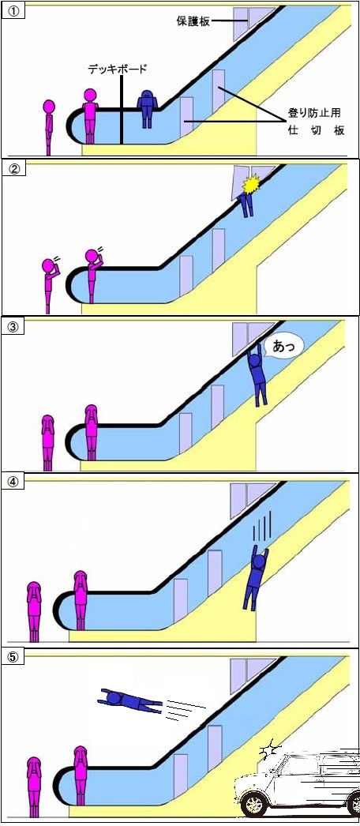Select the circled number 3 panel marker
13,326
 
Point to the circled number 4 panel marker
13,483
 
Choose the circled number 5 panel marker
13,658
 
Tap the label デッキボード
118,69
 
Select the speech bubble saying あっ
283,347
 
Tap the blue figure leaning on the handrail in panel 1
147,108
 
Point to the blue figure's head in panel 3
255,361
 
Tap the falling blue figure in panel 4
256,577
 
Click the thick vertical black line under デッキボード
121,110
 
